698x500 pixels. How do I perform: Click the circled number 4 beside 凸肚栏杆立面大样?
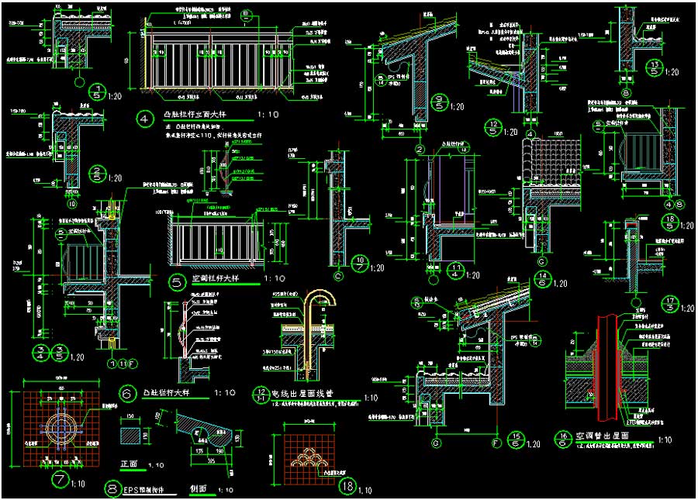(x=143, y=119)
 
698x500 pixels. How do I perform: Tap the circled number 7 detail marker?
(x=60, y=480)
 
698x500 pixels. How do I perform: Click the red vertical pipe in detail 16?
(x=606, y=364)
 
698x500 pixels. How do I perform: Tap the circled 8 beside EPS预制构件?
(x=114, y=489)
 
